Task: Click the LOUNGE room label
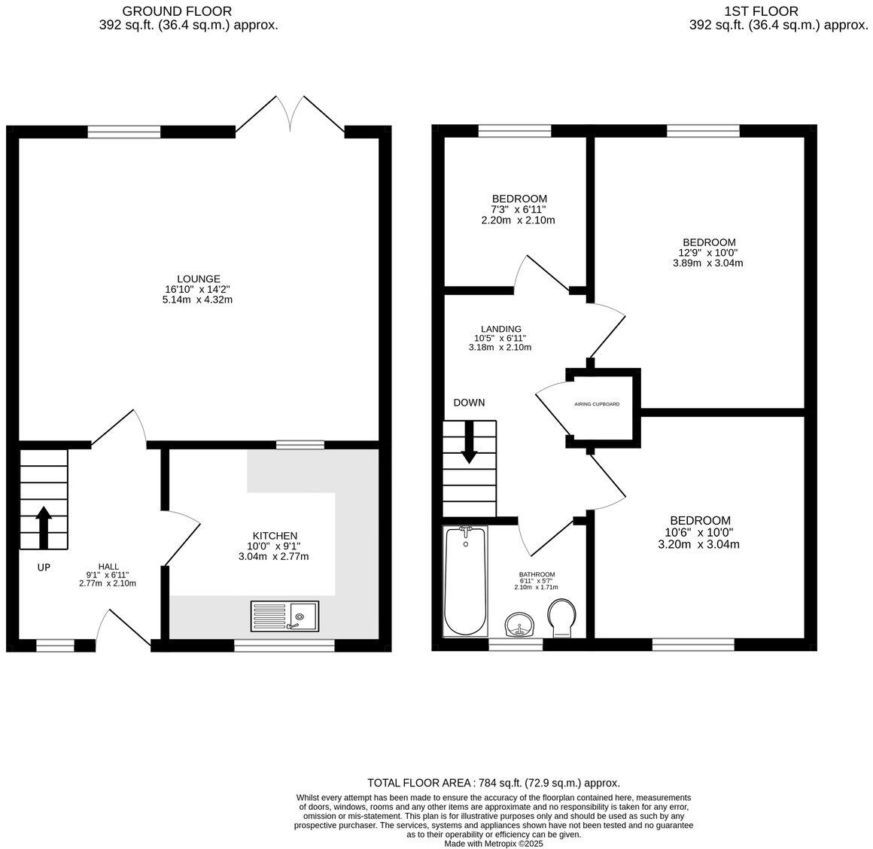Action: (x=199, y=278)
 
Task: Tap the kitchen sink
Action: (x=284, y=616)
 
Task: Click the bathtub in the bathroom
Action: (x=466, y=581)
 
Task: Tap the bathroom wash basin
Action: (x=520, y=625)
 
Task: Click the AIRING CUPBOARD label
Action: (x=597, y=404)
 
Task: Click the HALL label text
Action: (x=108, y=567)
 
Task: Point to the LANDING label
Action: (x=501, y=329)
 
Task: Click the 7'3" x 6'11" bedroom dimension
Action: (x=519, y=209)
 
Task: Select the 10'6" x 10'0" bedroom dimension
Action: (x=699, y=532)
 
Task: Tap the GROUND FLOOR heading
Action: (x=177, y=11)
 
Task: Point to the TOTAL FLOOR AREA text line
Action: (x=493, y=783)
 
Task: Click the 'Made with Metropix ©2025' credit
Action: (x=493, y=844)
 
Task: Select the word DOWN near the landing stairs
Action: (x=469, y=403)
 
